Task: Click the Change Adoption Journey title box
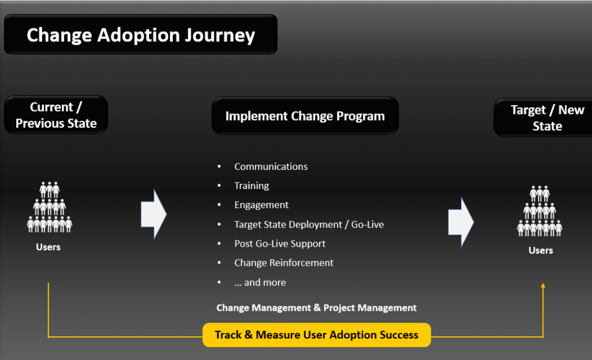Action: click(140, 35)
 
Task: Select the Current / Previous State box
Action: click(56, 115)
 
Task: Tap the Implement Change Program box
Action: click(305, 116)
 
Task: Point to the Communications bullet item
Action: click(271, 166)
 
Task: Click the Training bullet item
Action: click(251, 185)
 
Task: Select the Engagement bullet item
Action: click(261, 205)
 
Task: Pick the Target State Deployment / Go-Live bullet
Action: click(309, 224)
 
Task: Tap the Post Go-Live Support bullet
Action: click(280, 243)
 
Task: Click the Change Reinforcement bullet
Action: click(284, 262)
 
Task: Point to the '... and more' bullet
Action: click(260, 282)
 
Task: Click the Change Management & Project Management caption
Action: click(316, 307)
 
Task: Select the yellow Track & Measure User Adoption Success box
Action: click(316, 335)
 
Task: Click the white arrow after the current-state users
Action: click(154, 214)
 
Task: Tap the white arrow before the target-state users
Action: click(461, 222)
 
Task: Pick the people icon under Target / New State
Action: click(540, 211)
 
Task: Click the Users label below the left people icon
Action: click(48, 247)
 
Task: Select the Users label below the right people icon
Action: click(541, 250)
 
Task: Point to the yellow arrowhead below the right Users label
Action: click(543, 285)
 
